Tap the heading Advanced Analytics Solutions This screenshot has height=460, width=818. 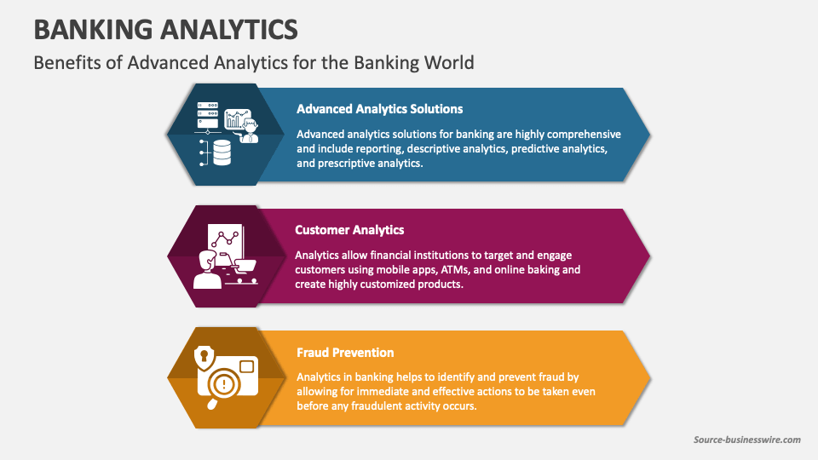pyautogui.click(x=379, y=109)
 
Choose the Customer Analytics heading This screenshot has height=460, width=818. pyautogui.click(x=349, y=230)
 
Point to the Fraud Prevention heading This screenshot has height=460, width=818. pyautogui.click(x=345, y=352)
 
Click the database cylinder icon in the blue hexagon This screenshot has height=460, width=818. pyautogui.click(x=222, y=152)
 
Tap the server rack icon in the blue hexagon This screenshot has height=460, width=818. pyautogui.click(x=208, y=111)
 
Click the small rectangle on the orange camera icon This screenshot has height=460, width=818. pyautogui.click(x=246, y=366)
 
